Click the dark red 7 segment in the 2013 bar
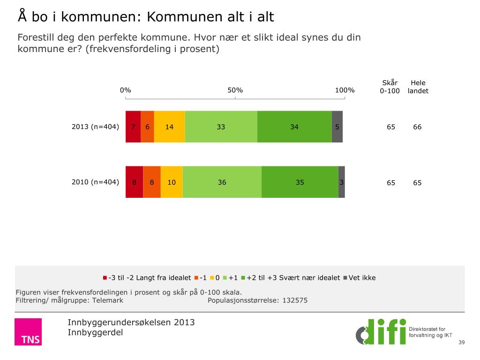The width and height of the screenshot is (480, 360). [133, 127]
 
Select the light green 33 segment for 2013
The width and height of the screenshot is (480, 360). [221, 127]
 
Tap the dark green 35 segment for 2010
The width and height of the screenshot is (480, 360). [300, 182]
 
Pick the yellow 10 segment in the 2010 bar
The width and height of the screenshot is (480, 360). [172, 182]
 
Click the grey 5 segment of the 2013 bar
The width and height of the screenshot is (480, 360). [337, 127]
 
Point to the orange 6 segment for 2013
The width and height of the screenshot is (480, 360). [147, 127]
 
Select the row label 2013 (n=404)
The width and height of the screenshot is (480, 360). [95, 127]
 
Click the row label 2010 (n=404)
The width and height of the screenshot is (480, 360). [95, 182]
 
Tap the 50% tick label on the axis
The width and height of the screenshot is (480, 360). [235, 90]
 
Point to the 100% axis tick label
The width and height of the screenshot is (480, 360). [345, 90]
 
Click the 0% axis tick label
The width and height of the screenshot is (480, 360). [125, 90]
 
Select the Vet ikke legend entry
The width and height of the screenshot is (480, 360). [360, 277]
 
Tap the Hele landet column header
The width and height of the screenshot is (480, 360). [418, 87]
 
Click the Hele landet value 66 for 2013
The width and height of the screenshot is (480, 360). [417, 127]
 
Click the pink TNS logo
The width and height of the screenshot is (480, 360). [28, 332]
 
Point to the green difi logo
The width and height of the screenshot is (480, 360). [381, 331]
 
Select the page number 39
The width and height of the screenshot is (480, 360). [461, 343]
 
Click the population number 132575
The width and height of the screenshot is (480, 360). [295, 300]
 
